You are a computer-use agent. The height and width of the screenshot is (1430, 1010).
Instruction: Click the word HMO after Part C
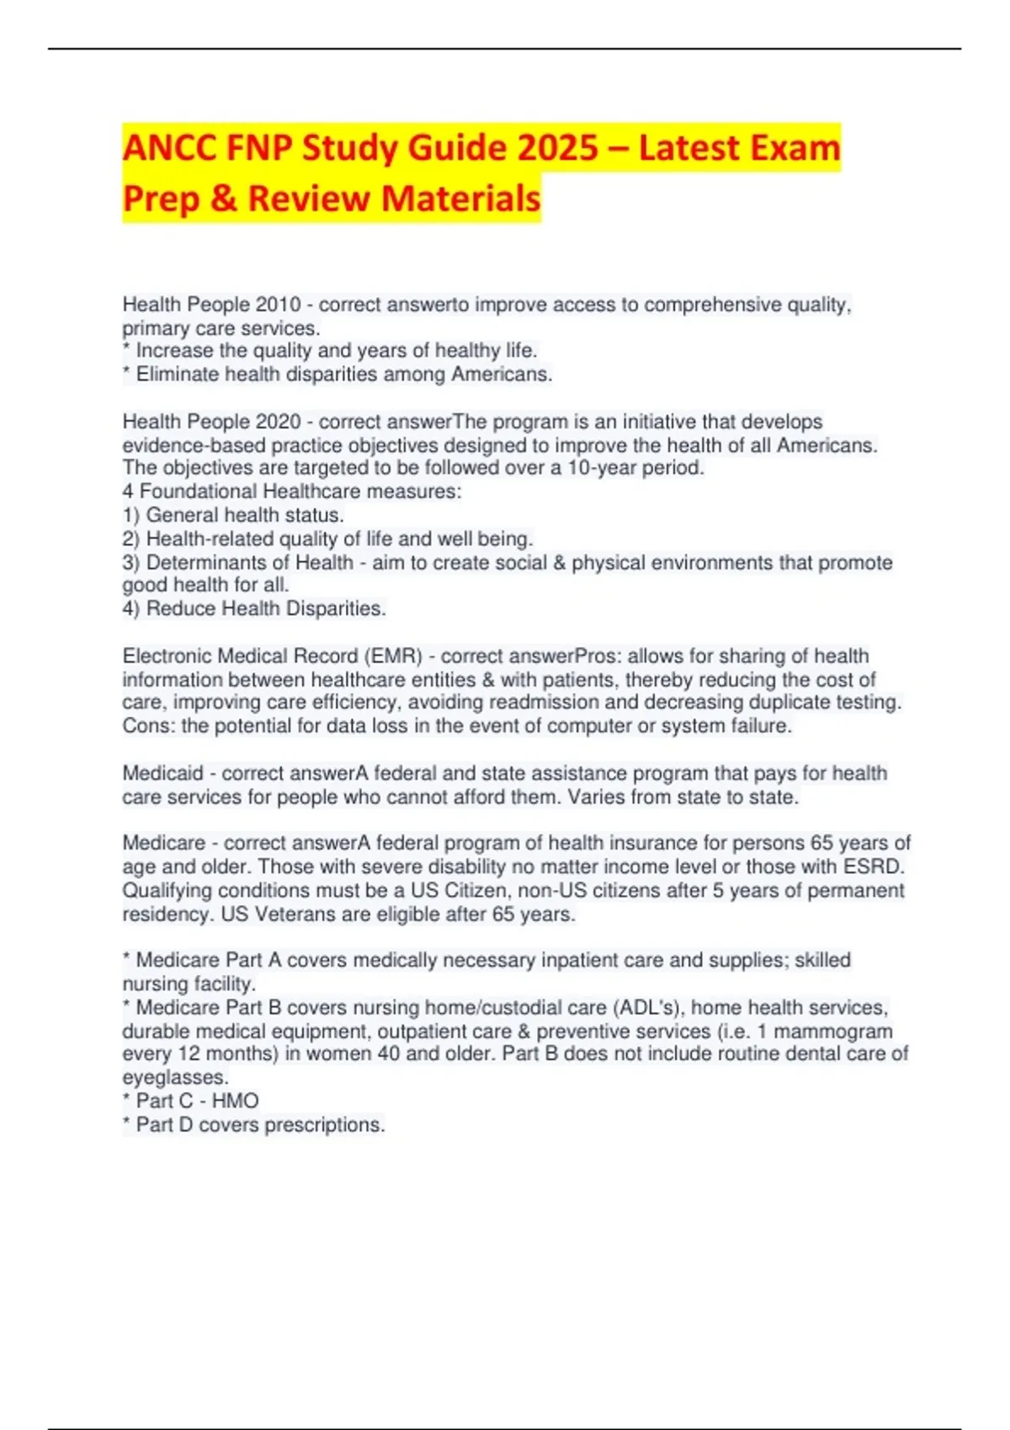click(236, 1101)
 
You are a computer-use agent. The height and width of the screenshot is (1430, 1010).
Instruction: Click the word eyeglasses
click(175, 1078)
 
